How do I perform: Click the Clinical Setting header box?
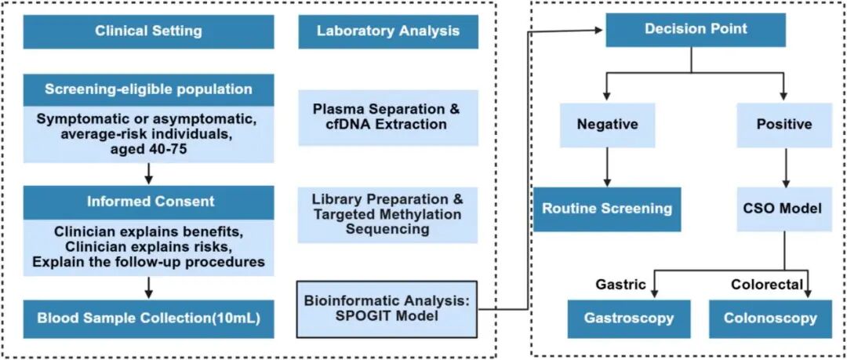click(x=148, y=31)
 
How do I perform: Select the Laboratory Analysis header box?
click(x=387, y=31)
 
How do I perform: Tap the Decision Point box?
click(x=696, y=30)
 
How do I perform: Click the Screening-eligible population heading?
click(x=148, y=89)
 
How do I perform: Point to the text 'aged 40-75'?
click(x=148, y=148)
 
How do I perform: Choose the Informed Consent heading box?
click(x=148, y=202)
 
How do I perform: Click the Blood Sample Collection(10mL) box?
click(x=148, y=319)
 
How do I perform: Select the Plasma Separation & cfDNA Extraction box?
click(x=387, y=117)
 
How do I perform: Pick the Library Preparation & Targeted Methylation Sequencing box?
click(x=387, y=213)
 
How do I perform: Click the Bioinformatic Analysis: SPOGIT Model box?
click(x=387, y=310)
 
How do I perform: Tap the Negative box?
click(x=607, y=124)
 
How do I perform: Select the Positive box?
click(x=783, y=124)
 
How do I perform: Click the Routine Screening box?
click(x=607, y=209)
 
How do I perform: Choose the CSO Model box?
click(x=783, y=209)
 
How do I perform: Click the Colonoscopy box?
click(x=770, y=318)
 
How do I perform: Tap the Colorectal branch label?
click(x=767, y=285)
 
